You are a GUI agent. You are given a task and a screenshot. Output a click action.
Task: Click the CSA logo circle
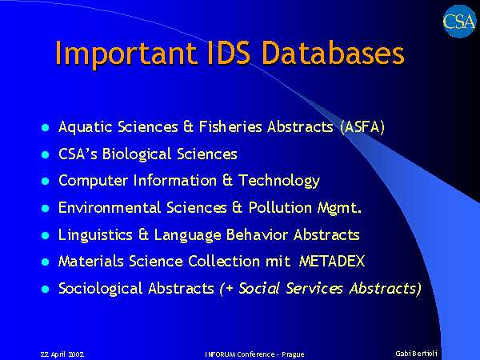tap(459, 22)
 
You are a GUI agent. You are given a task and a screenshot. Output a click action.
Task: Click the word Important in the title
tap(126, 54)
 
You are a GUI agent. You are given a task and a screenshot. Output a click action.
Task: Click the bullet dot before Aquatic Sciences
tap(45, 127)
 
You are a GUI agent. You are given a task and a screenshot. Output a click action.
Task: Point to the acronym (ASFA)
tap(362, 127)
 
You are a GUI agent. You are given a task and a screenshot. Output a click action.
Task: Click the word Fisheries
tap(230, 126)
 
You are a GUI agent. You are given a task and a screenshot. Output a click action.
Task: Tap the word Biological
tap(137, 154)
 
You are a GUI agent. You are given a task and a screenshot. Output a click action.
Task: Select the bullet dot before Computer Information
tap(45, 182)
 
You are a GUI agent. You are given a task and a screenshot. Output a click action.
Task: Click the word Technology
tap(279, 181)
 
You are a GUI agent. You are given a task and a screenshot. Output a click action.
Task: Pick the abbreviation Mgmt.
tap(339, 208)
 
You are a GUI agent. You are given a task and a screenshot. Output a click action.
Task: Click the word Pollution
tap(280, 207)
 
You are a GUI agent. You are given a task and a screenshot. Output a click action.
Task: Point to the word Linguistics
tap(95, 235)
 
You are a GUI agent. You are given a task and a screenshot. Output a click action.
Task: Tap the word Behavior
tap(257, 234)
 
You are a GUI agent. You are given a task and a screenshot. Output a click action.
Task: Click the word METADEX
tap(332, 262)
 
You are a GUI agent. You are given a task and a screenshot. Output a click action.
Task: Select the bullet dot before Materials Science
tap(45, 262)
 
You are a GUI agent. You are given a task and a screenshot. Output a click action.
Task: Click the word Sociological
tap(101, 289)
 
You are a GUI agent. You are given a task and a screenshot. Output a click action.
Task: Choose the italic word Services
tap(314, 288)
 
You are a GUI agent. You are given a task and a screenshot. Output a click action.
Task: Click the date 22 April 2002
tap(62, 354)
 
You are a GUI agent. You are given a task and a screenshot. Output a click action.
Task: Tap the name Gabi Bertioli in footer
tap(416, 353)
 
